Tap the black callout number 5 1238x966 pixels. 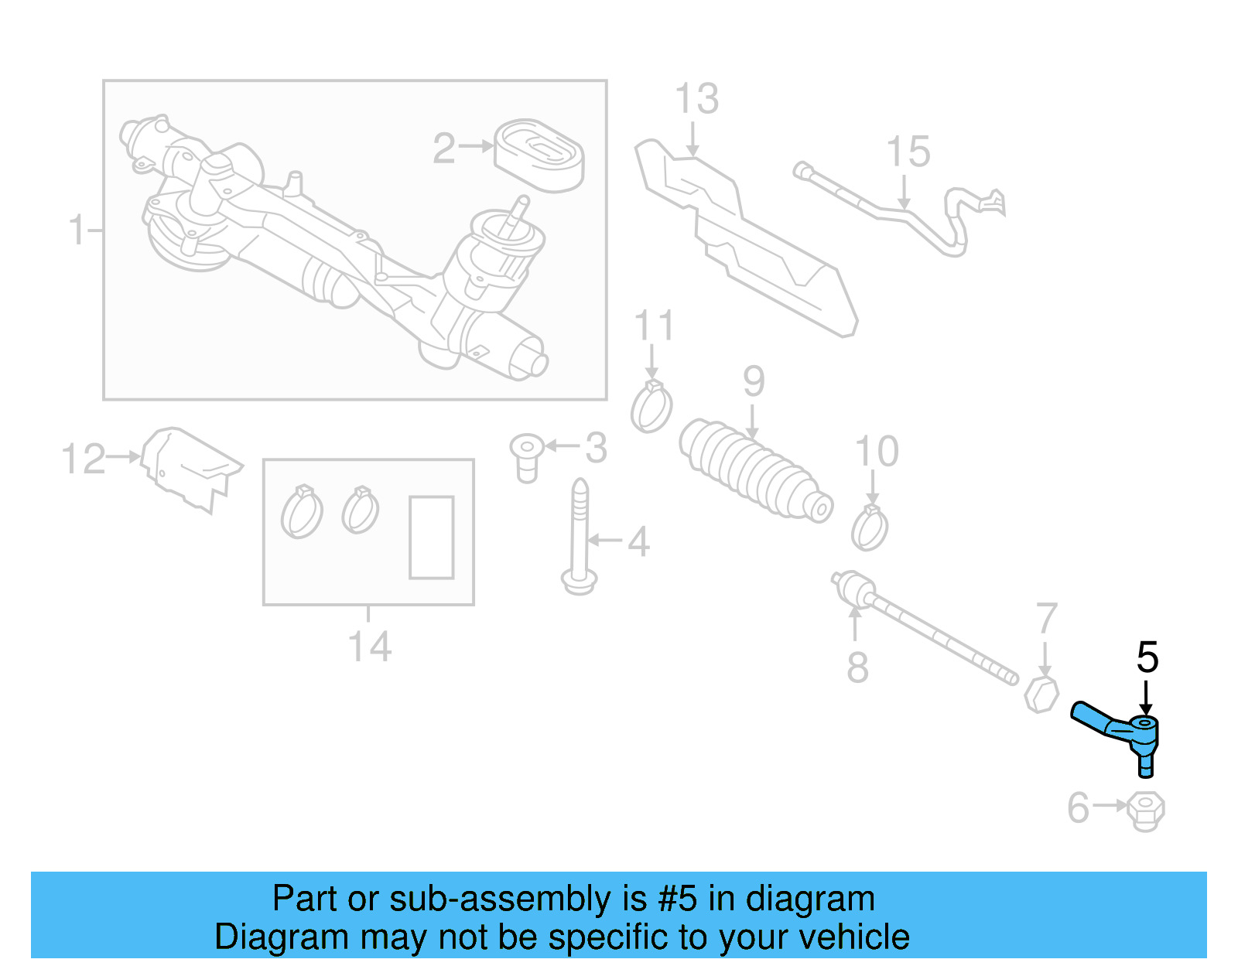(1147, 658)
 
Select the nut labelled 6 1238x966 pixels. (1146, 811)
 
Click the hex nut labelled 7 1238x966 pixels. (1041, 694)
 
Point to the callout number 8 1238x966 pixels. (857, 667)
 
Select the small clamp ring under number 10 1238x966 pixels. (870, 529)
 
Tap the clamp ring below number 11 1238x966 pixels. (651, 408)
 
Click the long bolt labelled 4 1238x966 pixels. (580, 537)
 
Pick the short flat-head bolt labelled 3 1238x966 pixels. (526, 456)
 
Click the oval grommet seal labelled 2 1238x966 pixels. (539, 155)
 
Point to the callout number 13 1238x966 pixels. (696, 99)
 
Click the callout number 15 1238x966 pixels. (908, 152)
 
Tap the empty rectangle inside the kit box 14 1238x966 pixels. (431, 538)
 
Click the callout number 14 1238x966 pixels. (369, 647)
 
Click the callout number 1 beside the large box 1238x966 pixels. (77, 230)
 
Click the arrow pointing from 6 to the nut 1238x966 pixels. (1110, 806)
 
